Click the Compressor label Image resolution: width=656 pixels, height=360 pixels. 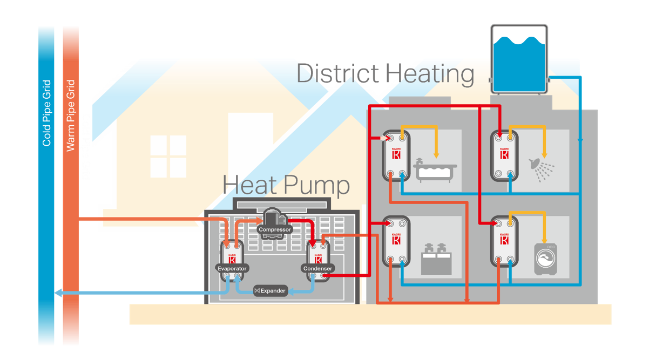tap(275, 229)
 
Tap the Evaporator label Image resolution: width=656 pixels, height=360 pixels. tap(232, 268)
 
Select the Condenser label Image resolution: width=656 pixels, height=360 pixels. tap(318, 268)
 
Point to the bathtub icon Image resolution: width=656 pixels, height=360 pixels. tap(435, 169)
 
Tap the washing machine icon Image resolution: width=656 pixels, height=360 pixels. tap(545, 260)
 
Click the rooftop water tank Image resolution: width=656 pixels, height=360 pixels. tap(518, 58)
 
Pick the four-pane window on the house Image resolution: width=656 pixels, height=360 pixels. tap(168, 157)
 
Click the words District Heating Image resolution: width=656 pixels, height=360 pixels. tap(386, 74)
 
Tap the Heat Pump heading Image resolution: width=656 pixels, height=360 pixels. tap(286, 186)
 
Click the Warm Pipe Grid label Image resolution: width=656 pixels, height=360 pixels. tap(70, 116)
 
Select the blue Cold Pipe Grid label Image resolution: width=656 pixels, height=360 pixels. tap(47, 113)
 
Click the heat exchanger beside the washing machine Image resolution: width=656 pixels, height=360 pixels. tap(504, 241)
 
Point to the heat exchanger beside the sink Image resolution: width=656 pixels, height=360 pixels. tap(396, 241)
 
